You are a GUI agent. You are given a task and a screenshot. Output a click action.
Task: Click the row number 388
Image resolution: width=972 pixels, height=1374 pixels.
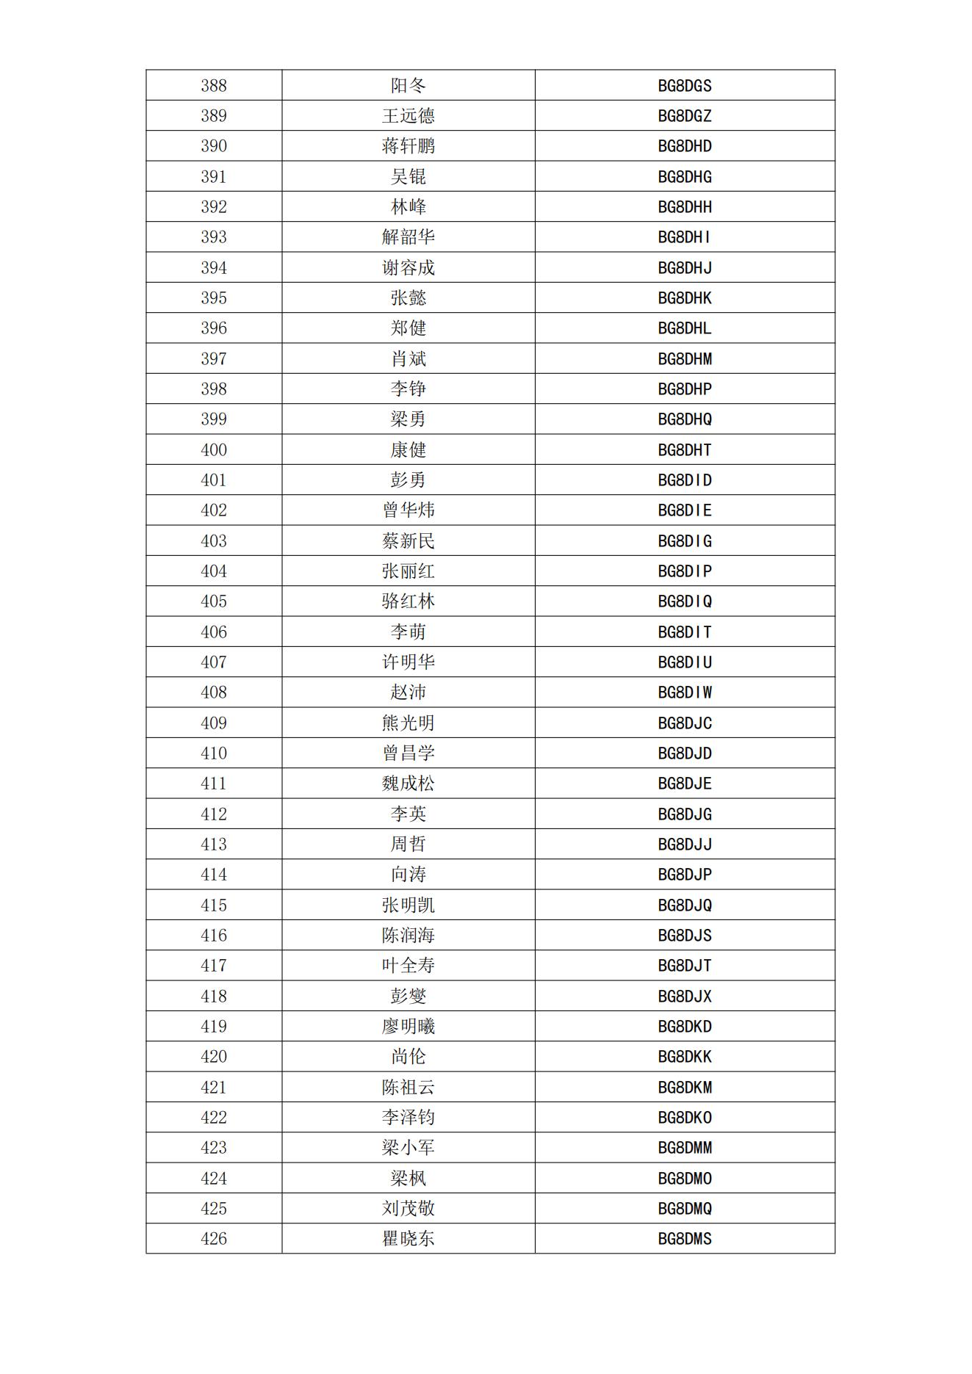214,86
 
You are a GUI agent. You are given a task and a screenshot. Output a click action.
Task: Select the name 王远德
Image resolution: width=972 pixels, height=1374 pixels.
408,116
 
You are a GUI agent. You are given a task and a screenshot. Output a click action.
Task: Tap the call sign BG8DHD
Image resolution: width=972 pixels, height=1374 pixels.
685,146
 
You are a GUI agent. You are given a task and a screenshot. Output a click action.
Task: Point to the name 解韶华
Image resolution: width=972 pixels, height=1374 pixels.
408,237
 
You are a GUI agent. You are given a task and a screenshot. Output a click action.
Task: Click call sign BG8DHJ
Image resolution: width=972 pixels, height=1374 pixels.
685,268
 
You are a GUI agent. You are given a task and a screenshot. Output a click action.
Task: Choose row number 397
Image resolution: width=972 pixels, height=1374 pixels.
214,359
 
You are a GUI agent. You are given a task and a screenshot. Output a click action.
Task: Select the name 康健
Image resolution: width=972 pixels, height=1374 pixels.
408,450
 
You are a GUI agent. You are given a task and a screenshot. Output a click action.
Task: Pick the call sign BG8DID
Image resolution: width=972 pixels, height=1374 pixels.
685,480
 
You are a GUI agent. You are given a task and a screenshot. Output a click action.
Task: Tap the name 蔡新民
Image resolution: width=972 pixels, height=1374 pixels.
408,541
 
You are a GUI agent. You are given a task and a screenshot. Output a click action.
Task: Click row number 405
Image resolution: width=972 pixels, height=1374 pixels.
214,601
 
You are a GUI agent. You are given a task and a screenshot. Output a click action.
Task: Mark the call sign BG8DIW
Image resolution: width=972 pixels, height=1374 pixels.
685,693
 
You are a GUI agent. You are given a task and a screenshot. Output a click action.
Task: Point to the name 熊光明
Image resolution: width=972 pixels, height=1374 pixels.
408,723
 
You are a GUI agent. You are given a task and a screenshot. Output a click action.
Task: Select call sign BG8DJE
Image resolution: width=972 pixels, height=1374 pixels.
685,784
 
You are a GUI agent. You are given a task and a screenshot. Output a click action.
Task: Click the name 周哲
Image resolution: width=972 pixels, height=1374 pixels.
408,845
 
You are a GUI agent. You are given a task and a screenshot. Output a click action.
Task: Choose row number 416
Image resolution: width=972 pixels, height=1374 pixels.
214,936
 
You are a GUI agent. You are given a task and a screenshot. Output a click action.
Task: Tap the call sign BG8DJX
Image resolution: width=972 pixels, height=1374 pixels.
685,997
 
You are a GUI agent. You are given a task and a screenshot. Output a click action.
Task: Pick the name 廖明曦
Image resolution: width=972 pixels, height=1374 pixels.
408,1027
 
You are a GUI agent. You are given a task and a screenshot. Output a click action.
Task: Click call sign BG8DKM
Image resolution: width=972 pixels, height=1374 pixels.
685,1088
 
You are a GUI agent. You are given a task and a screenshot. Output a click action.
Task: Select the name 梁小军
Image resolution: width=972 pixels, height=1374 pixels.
408,1148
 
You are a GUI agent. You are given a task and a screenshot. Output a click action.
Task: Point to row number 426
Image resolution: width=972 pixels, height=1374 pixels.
214,1239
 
